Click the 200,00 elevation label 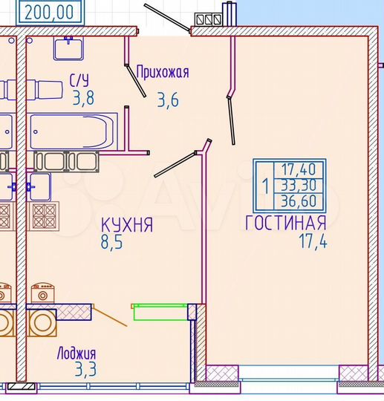point(48,12)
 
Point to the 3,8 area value point(83,99)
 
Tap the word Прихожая point(163,72)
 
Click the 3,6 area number point(168,99)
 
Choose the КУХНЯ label point(127,225)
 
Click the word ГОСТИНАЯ point(286,224)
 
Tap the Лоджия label point(77,353)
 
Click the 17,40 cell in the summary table point(297,169)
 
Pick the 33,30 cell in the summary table point(297,186)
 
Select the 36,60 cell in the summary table point(297,201)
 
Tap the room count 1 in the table point(266,186)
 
